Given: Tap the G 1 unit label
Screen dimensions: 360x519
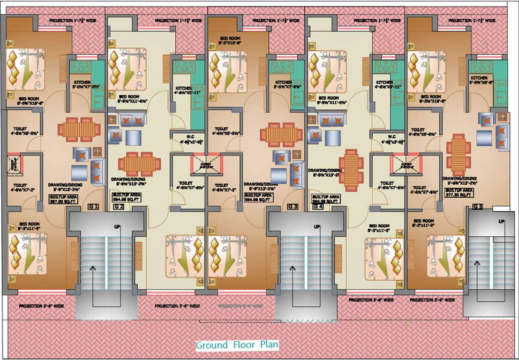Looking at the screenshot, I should point(93,207).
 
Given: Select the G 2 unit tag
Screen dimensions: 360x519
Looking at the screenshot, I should point(119,207).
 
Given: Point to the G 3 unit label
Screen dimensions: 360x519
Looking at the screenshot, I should point(293,207).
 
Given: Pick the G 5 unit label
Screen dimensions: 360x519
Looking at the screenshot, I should point(478,207).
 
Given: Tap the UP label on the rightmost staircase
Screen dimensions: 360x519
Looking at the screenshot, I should point(502,221).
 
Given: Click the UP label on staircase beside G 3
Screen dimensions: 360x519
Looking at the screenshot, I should point(316,227).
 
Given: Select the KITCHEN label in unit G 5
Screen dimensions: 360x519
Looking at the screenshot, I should point(479,78).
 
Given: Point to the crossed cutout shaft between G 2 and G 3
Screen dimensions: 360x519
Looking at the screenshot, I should point(201,165).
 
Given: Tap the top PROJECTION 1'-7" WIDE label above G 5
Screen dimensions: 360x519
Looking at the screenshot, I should point(472,21).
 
